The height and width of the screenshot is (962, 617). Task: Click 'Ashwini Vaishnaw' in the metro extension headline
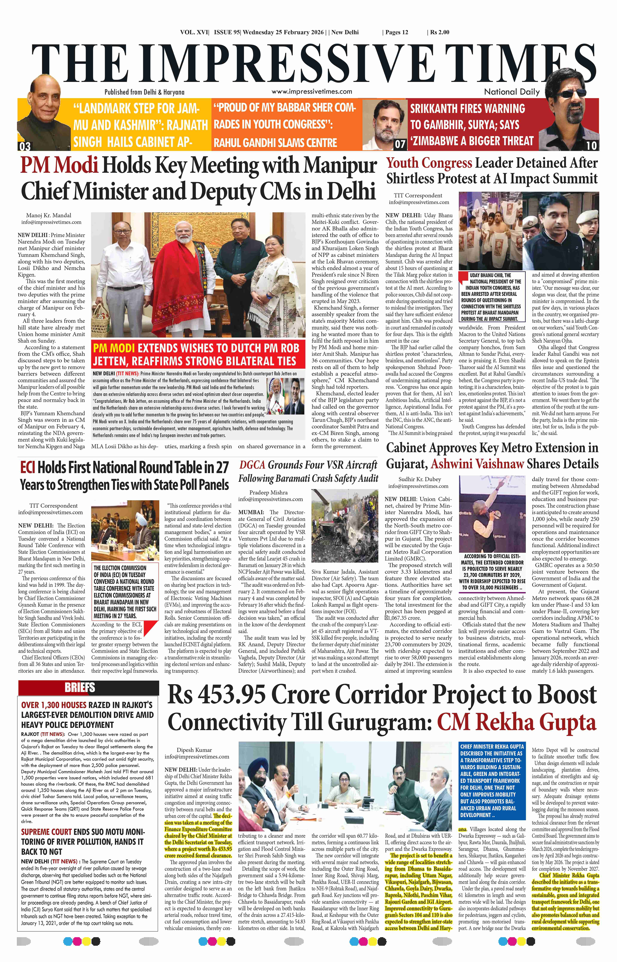(x=477, y=464)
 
